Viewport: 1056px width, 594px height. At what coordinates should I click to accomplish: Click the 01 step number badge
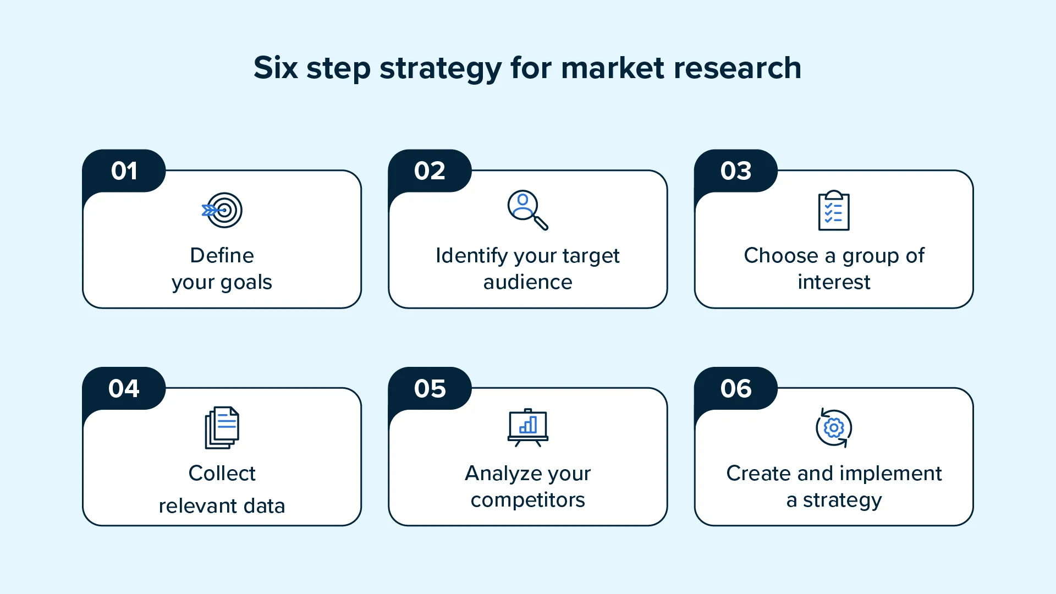tap(124, 171)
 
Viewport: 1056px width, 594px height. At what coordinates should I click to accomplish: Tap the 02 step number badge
tap(430, 171)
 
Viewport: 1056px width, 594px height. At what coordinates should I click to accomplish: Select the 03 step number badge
tap(736, 171)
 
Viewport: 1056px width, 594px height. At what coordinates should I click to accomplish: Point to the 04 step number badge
tap(124, 389)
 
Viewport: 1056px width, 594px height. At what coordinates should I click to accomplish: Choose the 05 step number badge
tap(430, 389)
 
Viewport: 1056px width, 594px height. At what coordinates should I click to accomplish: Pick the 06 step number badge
tap(736, 389)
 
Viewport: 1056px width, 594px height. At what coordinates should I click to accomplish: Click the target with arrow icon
tap(222, 210)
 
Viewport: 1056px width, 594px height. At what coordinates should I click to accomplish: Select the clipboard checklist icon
tap(834, 211)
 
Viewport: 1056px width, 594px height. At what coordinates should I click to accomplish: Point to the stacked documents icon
tap(222, 427)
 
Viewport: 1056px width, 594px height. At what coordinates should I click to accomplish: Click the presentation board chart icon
tap(527, 427)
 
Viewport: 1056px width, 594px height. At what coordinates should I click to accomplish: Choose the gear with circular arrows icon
tap(834, 427)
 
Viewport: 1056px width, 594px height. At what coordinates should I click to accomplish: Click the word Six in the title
tap(276, 68)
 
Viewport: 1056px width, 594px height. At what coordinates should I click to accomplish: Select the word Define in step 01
tap(222, 256)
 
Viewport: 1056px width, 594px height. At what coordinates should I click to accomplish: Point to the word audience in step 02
tap(527, 282)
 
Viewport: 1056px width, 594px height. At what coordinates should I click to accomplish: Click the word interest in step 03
tap(834, 282)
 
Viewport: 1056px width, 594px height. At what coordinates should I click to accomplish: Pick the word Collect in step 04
tap(222, 474)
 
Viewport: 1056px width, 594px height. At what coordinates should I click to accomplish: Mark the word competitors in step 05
tap(527, 500)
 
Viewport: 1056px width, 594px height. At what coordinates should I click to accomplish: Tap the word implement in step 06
tap(891, 474)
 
